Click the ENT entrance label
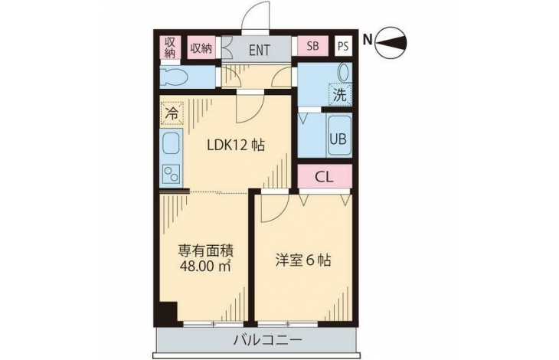point(259,50)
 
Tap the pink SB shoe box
point(312,46)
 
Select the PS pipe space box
point(343,46)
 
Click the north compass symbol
point(391,44)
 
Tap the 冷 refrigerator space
point(172,113)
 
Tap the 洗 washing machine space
point(340,94)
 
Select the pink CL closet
point(325,176)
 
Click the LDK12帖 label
point(236,146)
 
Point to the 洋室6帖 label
point(303,260)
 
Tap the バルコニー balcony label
point(268,339)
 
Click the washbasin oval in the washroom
point(344,72)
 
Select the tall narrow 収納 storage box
point(170,47)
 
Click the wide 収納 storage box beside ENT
point(201,47)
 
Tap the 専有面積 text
point(206,251)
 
